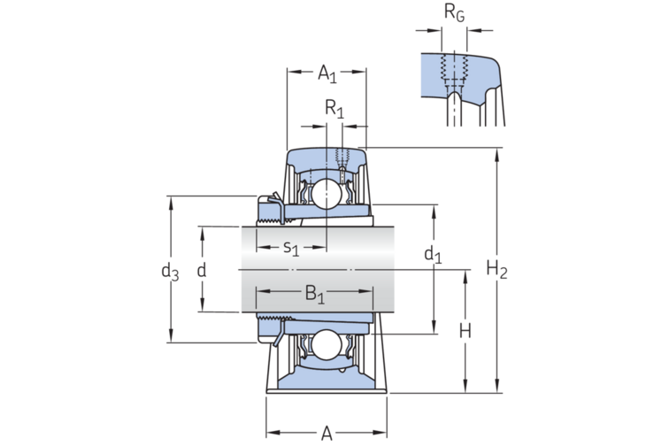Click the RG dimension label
454,12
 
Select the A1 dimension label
327,73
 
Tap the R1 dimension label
334,109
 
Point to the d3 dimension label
170,272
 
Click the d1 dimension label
433,255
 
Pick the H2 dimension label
497,270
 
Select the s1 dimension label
291,248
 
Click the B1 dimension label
315,295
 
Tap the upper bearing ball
327,194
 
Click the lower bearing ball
327,345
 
